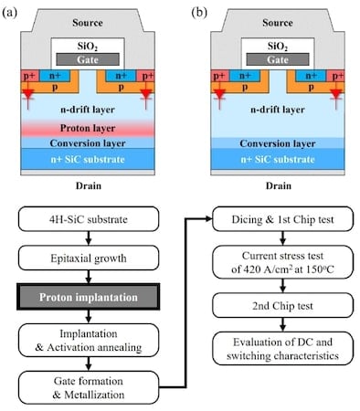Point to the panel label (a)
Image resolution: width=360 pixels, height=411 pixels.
point(13,10)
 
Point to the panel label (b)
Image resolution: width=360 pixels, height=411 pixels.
point(196,10)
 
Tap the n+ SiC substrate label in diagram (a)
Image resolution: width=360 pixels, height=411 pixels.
point(85,157)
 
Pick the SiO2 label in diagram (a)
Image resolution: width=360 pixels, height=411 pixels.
point(85,43)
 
